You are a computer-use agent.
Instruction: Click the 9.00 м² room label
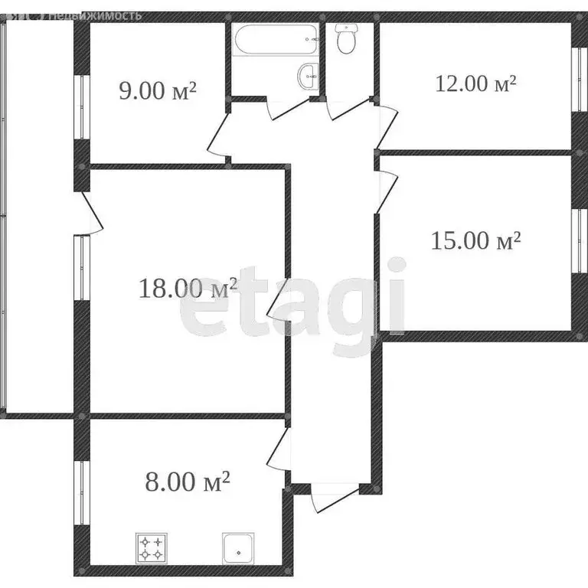click(158, 90)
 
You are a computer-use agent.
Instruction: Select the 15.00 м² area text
click(475, 241)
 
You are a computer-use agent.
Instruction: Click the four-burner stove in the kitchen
click(150, 547)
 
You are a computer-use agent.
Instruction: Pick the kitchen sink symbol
click(239, 547)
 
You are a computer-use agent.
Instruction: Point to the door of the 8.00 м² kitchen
click(277, 450)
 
